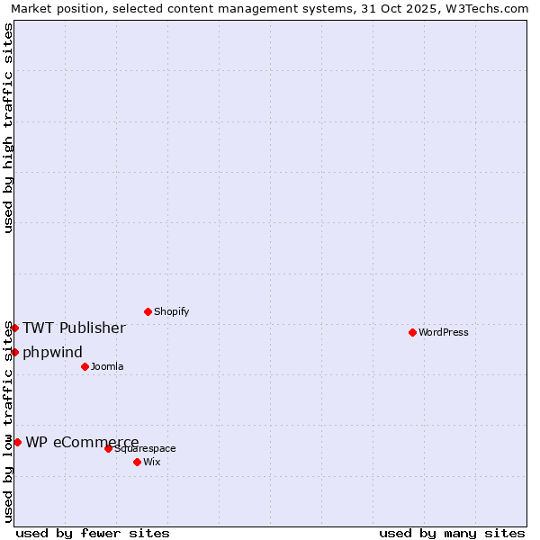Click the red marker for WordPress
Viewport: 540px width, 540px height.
[x=412, y=332]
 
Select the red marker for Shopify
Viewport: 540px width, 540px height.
[x=148, y=311]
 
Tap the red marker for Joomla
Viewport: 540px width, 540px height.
[x=85, y=366]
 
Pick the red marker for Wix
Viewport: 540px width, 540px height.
[x=137, y=462]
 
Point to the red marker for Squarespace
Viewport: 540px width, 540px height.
[x=108, y=448]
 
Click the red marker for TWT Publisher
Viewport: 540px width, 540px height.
[x=14, y=328]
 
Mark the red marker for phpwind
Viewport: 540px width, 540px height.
[x=14, y=352]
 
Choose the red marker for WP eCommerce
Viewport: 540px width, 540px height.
[x=17, y=442]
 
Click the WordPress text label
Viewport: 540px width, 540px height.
[x=444, y=332]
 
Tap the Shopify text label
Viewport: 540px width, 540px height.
[x=171, y=311]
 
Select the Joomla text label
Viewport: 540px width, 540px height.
[x=107, y=366]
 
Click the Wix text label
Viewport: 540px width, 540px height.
[x=152, y=462]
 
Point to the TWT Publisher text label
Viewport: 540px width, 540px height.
[x=74, y=328]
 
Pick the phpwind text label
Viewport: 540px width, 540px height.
[x=52, y=352]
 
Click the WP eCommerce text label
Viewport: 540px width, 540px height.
[x=82, y=442]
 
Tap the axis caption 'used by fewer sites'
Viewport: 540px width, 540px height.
[x=93, y=533]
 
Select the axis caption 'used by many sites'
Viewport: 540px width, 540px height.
[x=452, y=533]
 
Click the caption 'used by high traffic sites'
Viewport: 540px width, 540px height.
[x=8, y=128]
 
